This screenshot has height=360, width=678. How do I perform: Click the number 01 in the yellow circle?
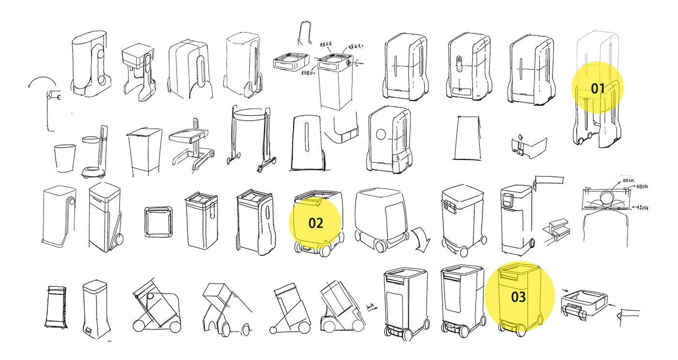coord(598,89)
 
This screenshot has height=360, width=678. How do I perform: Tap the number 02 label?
coord(315,223)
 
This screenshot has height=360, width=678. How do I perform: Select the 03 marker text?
coord(518,297)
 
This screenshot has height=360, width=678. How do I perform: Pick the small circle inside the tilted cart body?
coord(150,297)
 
